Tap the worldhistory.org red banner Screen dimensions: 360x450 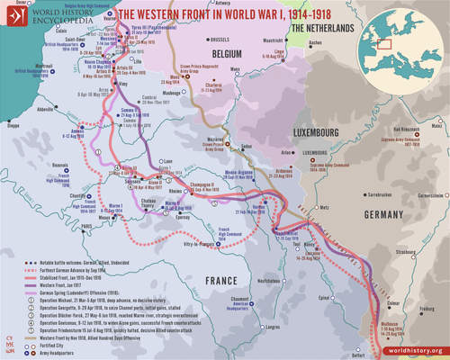tap(409, 350)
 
